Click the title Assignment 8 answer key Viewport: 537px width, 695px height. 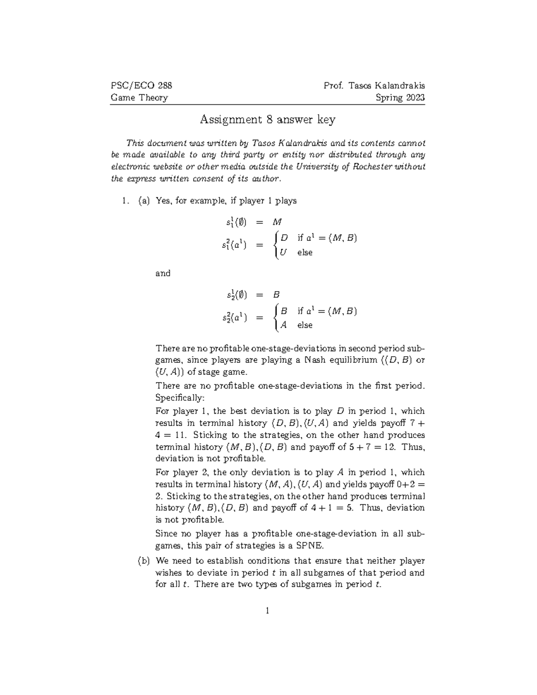coord(267,119)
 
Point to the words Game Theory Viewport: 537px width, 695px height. coord(139,98)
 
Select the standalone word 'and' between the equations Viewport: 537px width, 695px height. coord(163,273)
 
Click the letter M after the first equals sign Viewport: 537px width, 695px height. coord(277,222)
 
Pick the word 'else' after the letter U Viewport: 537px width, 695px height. coord(305,252)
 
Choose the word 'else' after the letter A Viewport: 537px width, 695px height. coord(305,325)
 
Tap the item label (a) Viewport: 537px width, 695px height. coord(144,201)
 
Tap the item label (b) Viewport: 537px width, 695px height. coord(144,561)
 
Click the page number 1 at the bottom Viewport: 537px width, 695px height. coord(267,610)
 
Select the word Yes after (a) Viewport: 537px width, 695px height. coord(163,201)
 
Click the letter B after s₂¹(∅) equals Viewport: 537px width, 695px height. coord(276,295)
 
